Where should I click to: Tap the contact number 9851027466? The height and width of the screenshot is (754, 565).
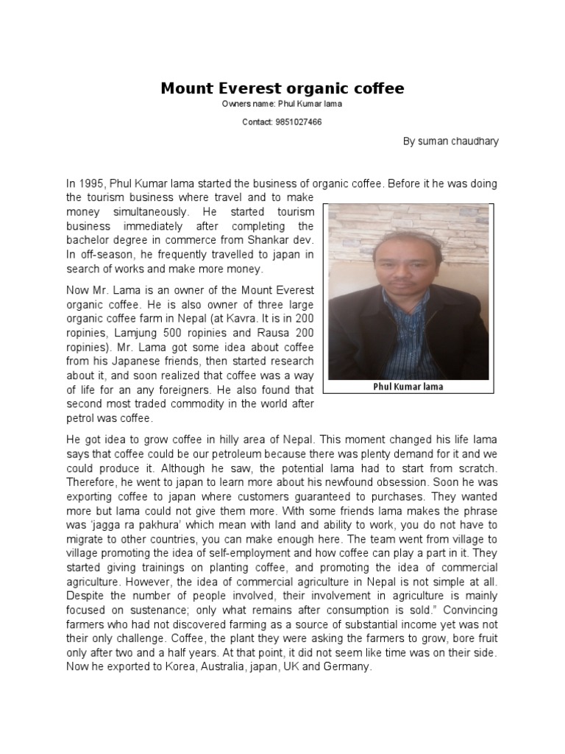(x=296, y=121)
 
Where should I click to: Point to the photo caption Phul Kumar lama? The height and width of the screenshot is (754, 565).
(x=408, y=387)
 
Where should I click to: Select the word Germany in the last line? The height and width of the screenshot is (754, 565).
(x=350, y=667)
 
